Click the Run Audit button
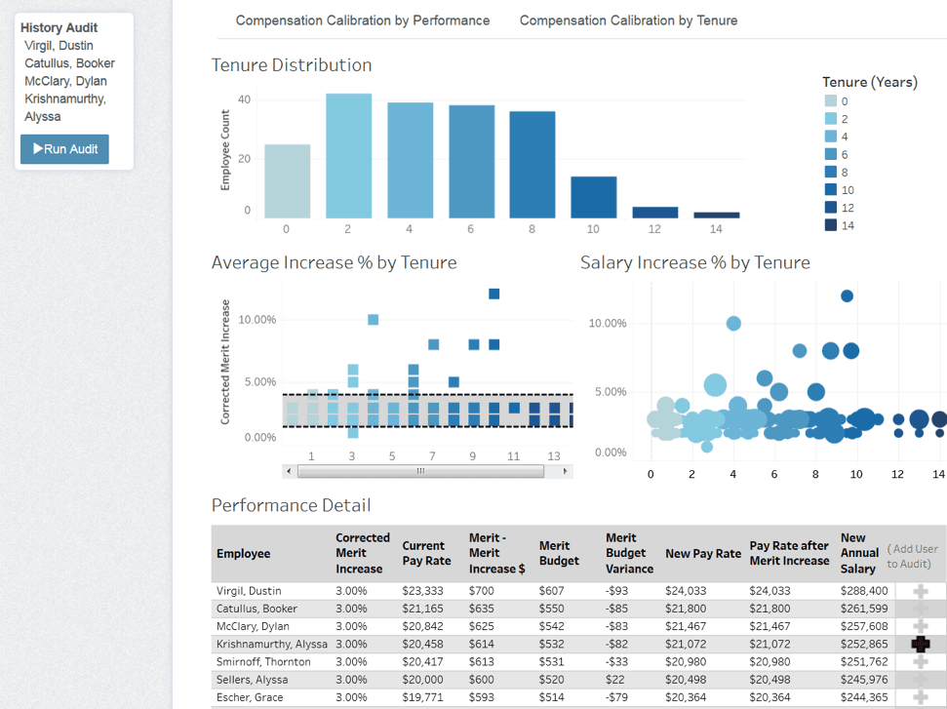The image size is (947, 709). click(x=64, y=149)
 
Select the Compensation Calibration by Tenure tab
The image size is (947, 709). click(x=628, y=20)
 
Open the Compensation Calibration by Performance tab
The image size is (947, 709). click(x=363, y=20)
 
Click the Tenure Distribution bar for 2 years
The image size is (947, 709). click(x=348, y=156)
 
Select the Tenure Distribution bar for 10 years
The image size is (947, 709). click(x=594, y=197)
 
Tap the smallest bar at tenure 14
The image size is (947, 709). click(x=717, y=215)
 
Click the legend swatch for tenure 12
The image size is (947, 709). click(x=830, y=208)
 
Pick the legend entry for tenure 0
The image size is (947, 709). click(x=830, y=101)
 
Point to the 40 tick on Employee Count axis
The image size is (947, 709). click(x=244, y=100)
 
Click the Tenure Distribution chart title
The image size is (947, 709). click(x=292, y=65)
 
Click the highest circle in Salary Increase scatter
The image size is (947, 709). click(x=847, y=295)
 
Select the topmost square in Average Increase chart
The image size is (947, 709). click(x=493, y=294)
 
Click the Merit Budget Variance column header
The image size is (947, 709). click(x=629, y=553)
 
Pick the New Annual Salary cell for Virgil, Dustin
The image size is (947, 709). click(x=863, y=590)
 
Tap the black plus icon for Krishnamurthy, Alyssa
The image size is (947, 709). click(x=920, y=644)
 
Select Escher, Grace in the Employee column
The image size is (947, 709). click(x=250, y=697)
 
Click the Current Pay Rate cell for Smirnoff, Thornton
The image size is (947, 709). click(x=425, y=662)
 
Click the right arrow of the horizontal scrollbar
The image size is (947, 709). click(x=565, y=471)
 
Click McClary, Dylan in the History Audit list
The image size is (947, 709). click(x=65, y=81)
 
